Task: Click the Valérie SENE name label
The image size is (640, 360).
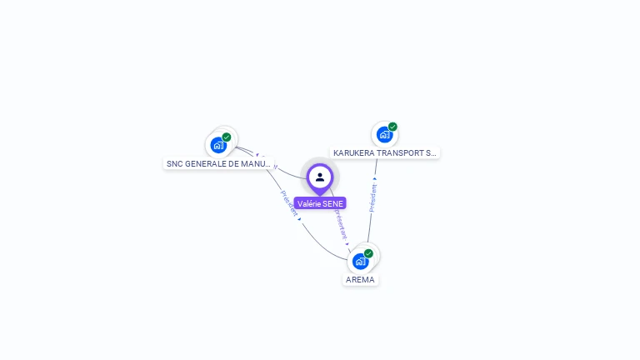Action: (320, 203)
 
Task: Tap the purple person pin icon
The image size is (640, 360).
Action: (320, 177)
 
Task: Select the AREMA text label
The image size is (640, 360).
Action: (361, 279)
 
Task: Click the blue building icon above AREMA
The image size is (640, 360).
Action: (360, 261)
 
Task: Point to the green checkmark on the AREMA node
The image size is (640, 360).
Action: (368, 253)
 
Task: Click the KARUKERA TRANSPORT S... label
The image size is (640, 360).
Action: (385, 153)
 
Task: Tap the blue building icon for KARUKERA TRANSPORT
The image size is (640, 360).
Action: (383, 134)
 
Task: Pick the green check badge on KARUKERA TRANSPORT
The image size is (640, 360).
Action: (392, 127)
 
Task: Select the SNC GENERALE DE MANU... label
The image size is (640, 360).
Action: (218, 164)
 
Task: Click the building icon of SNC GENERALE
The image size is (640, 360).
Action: (218, 145)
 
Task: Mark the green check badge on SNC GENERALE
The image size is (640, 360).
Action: (227, 137)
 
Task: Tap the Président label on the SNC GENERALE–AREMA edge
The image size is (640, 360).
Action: (289, 204)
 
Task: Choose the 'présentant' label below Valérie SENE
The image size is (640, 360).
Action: (340, 223)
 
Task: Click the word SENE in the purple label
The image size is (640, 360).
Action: (331, 203)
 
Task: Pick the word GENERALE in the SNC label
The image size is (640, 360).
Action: (203, 164)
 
